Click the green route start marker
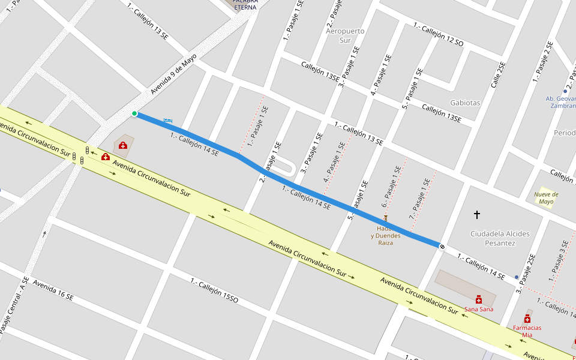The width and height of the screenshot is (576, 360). (134, 113)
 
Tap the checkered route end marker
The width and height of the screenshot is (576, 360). (442, 246)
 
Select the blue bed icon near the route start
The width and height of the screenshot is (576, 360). (168, 121)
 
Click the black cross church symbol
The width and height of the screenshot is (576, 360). (478, 214)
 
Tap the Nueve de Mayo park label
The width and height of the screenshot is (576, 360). (546, 198)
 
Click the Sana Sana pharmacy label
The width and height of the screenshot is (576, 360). (479, 309)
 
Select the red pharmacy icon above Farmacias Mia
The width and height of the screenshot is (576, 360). (527, 319)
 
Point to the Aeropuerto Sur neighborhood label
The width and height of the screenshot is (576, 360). (345, 35)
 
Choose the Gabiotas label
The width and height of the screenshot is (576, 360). (465, 103)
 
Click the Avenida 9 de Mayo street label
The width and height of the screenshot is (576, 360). (173, 74)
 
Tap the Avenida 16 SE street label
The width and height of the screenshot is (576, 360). (53, 290)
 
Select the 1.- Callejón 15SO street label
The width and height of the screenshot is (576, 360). (214, 290)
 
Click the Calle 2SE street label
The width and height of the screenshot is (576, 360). (498, 75)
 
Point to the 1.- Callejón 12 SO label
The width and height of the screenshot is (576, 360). (438, 35)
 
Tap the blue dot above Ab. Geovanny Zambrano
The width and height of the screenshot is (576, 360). (565, 92)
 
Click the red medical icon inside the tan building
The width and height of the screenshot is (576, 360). (123, 145)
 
